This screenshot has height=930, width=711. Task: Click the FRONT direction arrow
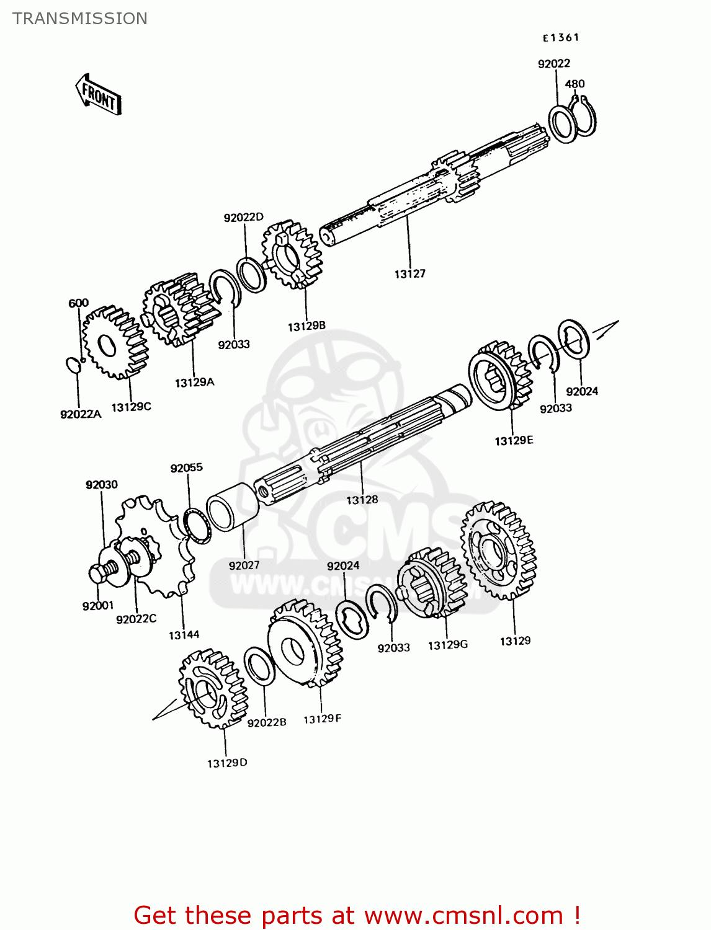click(98, 95)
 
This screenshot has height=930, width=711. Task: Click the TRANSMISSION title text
click(80, 19)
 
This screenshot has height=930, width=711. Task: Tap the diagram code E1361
click(561, 38)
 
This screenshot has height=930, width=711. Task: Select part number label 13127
click(409, 273)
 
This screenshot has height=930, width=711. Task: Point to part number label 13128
click(362, 500)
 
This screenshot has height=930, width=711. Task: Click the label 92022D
click(243, 217)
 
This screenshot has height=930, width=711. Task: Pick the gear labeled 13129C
click(114, 342)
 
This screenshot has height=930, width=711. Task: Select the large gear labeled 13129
click(499, 551)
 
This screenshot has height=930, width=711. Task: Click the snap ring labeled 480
click(584, 117)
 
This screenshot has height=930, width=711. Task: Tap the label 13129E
click(514, 441)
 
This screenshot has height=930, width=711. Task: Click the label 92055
click(186, 468)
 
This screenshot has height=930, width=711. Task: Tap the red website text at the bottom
click(357, 915)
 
